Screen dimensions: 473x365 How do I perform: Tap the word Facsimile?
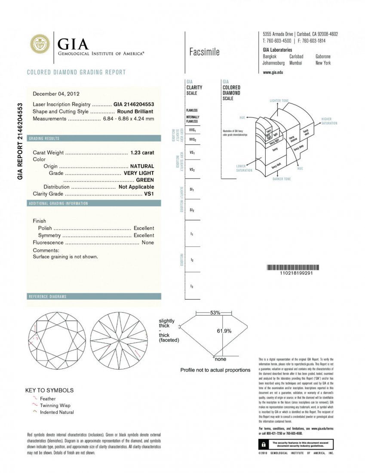click(204, 52)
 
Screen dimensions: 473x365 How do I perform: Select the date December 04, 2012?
click(56, 93)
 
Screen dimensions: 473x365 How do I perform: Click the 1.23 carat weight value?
click(142, 153)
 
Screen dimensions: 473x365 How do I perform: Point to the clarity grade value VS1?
click(149, 193)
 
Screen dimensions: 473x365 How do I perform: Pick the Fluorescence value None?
click(147, 243)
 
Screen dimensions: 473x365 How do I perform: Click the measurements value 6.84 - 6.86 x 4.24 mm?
click(128, 119)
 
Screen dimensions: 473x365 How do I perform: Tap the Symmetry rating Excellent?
click(144, 235)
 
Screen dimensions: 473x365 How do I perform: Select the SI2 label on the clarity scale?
click(192, 210)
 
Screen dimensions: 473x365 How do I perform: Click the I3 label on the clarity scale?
click(191, 286)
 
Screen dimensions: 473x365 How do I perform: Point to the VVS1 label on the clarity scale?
click(192, 130)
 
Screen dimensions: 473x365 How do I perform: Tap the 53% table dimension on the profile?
click(215, 313)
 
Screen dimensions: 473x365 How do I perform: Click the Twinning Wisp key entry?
click(55, 405)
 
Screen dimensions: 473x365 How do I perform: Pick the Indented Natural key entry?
click(57, 412)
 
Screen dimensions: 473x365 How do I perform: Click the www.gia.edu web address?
click(273, 73)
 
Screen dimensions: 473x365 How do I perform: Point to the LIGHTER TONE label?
click(279, 101)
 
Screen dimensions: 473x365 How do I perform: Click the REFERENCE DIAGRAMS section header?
click(47, 297)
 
